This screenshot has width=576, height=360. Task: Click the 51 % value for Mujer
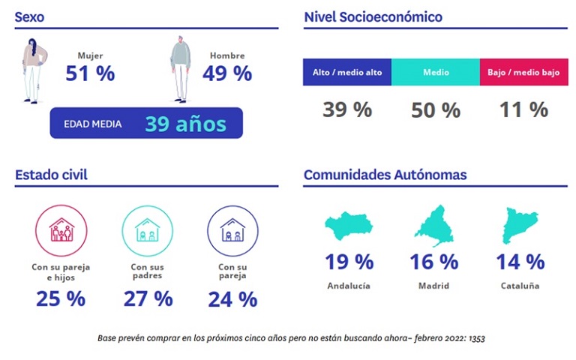click(90, 73)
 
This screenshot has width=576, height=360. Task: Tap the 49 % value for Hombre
click(226, 73)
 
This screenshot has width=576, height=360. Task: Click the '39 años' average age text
click(185, 124)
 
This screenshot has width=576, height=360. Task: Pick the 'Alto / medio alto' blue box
click(347, 72)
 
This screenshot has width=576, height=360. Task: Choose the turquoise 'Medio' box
click(436, 72)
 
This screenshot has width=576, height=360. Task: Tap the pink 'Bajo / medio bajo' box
click(523, 72)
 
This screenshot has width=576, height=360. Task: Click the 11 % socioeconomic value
click(523, 109)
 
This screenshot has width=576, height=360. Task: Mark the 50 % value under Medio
click(436, 110)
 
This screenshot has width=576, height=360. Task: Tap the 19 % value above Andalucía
click(349, 262)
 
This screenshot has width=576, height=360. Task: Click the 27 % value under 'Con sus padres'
click(147, 298)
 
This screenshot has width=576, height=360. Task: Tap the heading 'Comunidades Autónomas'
click(385, 175)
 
